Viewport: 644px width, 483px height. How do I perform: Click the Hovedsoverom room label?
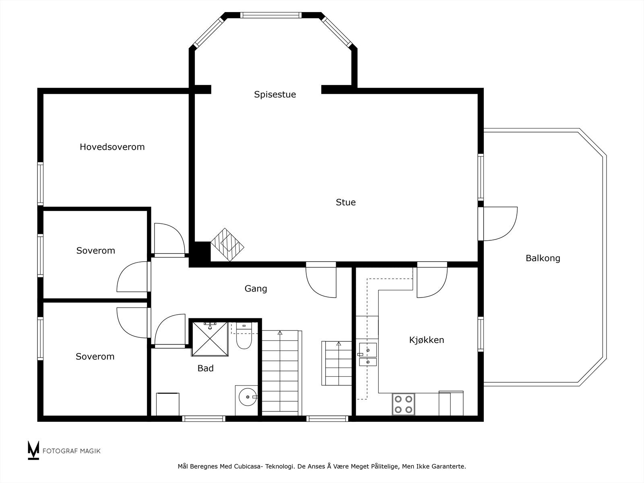tap(112, 147)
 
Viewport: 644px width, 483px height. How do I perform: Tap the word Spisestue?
tap(275, 95)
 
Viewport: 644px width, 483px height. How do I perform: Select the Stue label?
tap(346, 202)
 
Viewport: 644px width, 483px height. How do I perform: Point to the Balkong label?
tap(543, 258)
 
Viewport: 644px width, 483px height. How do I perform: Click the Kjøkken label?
tap(427, 340)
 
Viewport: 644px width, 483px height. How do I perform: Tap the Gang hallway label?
tap(256, 289)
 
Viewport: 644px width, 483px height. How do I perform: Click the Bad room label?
tap(205, 368)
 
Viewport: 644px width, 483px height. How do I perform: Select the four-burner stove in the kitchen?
tap(403, 404)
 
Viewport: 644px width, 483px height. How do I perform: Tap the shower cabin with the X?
tap(209, 339)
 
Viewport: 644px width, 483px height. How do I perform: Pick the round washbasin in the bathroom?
tap(246, 397)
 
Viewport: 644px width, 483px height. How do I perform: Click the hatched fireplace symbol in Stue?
tap(227, 245)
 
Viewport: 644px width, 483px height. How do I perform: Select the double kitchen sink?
tap(368, 355)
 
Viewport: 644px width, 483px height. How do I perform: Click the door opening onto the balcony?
tap(499, 223)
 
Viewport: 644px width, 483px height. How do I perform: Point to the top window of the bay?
tap(270, 15)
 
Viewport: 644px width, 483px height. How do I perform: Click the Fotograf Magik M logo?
tap(33, 450)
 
